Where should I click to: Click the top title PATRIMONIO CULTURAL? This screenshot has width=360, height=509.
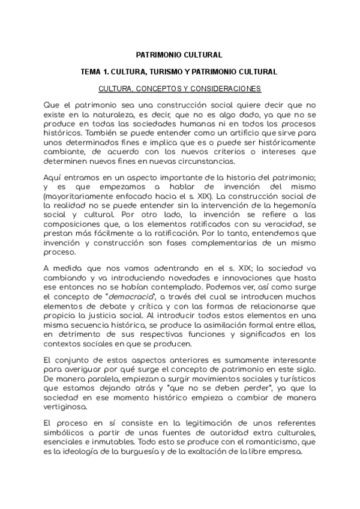tap(179, 54)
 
